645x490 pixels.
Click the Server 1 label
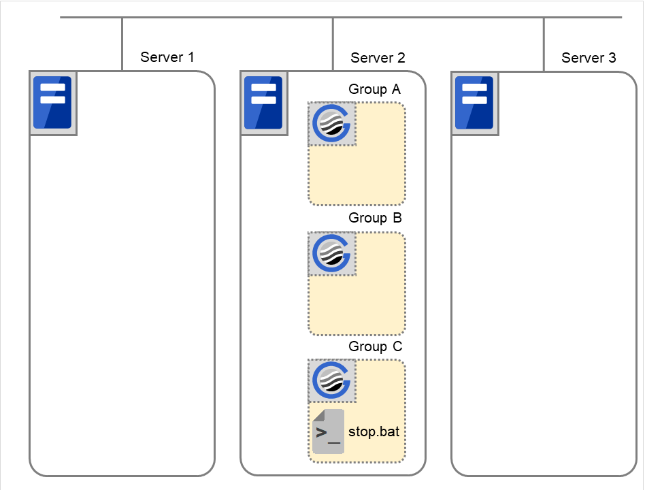pos(171,57)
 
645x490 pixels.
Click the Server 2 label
pos(378,58)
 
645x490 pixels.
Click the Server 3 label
pos(589,58)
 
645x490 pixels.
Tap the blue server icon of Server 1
pos(53,103)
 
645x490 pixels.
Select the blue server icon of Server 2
pos(263,103)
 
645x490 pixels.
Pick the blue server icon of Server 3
pos(474,103)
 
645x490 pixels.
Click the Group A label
pos(375,89)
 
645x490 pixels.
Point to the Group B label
pos(375,218)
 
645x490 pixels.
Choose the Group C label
pos(375,346)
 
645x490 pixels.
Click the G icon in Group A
pos(331,124)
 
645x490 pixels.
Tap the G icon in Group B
pos(331,253)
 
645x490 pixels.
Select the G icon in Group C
pos(331,381)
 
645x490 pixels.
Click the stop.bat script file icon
pos(328,432)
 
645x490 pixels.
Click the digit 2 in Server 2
pos(401,58)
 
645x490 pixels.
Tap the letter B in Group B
pos(397,218)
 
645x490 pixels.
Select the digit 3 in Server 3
pos(612,58)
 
